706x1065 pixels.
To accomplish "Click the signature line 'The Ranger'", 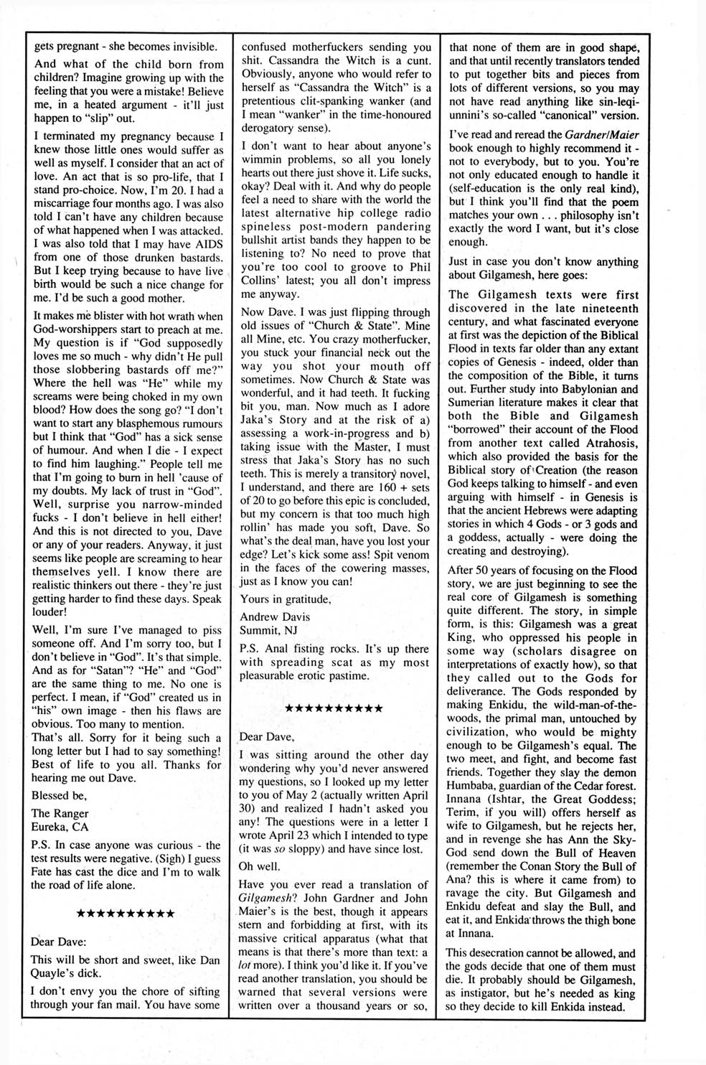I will pyautogui.click(x=60, y=813).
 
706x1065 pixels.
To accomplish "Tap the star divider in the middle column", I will pyautogui.click(x=334, y=708).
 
